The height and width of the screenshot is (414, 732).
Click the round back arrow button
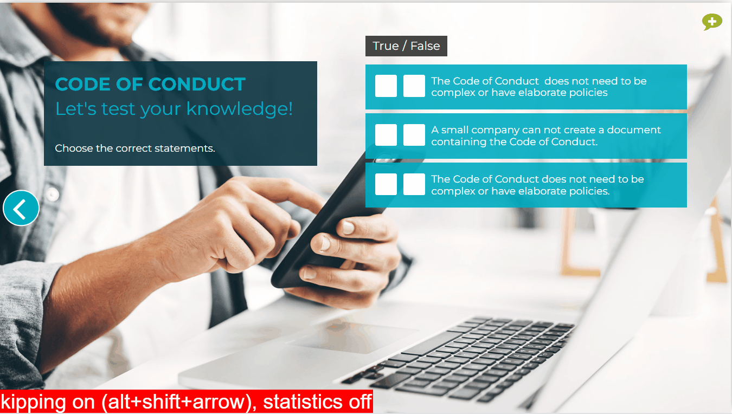click(21, 208)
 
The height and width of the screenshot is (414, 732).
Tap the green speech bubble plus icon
click(712, 22)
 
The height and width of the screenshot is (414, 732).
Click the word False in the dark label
click(425, 46)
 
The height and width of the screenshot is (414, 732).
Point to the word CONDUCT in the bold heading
click(197, 84)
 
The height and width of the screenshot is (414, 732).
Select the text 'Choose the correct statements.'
click(134, 148)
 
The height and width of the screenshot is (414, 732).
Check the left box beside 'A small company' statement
click(386, 135)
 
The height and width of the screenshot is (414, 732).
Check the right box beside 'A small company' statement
click(414, 135)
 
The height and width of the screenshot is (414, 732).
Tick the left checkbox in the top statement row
click(386, 86)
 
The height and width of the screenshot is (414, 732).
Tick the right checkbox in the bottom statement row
click(414, 184)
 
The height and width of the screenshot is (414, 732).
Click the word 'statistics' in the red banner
click(302, 402)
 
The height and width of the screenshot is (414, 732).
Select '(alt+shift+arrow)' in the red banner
click(179, 402)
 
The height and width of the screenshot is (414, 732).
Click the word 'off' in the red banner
click(360, 402)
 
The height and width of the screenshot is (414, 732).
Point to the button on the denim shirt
click(52, 195)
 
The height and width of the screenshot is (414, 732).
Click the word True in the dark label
click(386, 46)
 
